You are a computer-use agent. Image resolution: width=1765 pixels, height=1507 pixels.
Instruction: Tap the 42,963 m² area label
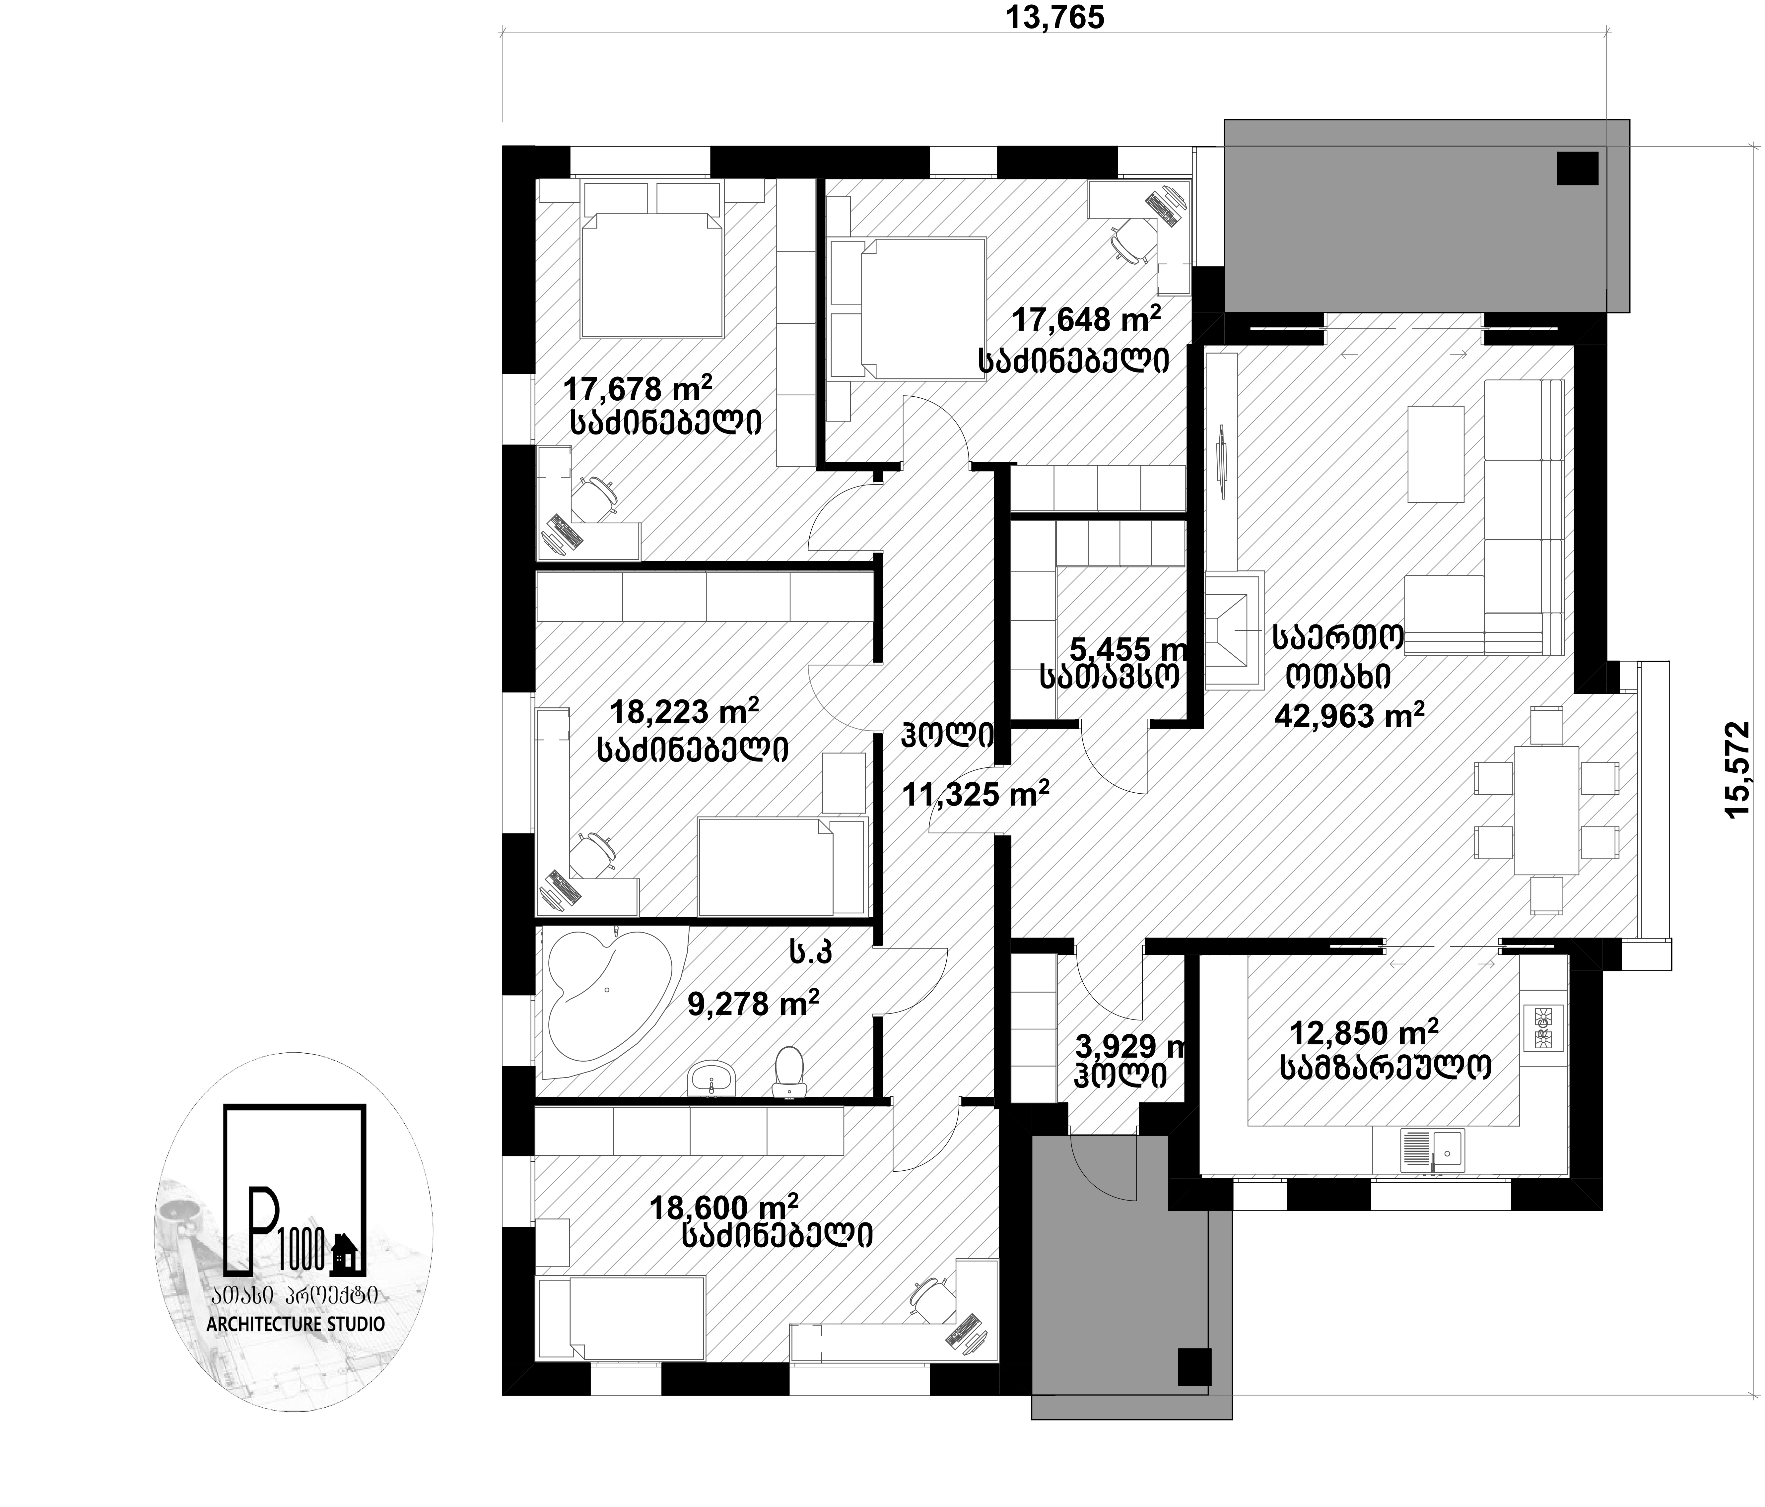click(1349, 716)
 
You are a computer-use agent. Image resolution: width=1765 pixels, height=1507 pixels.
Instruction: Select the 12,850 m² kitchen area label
click(1364, 1033)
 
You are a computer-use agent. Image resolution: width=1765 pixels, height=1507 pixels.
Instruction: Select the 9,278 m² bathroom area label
click(753, 1004)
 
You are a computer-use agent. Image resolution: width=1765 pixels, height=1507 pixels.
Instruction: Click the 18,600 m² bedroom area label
click(724, 1206)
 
